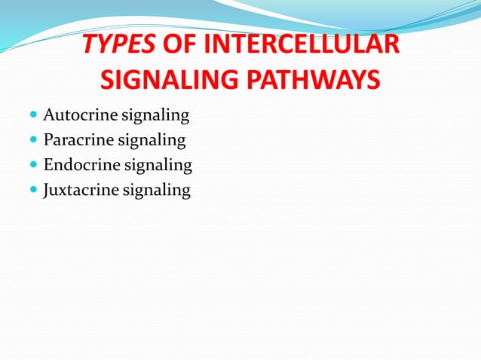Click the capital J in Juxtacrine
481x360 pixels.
(47, 189)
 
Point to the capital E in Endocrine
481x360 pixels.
(49, 165)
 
